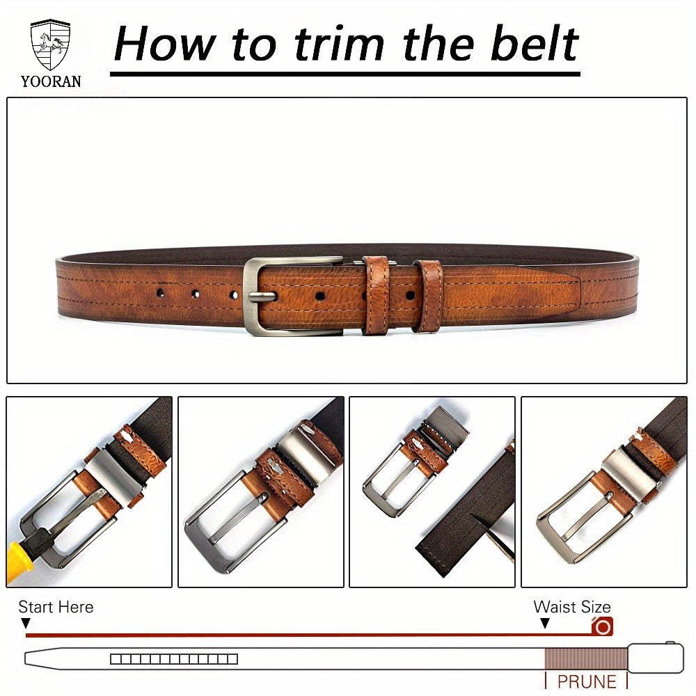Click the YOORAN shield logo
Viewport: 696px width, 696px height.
pos(50,45)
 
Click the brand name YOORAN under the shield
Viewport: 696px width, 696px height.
pos(51,81)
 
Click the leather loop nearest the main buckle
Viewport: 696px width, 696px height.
pos(376,294)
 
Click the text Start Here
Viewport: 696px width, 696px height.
pos(56,607)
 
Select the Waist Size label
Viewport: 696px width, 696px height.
pos(572,607)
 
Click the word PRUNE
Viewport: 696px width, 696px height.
pos(587,682)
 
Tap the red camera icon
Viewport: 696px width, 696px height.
pos(602,626)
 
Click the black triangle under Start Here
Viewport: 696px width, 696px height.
pos(26,623)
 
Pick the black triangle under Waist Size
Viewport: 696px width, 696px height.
pos(545,623)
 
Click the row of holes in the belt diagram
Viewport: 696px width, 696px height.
pos(174,659)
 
